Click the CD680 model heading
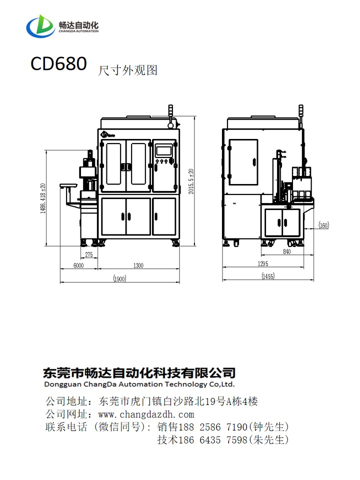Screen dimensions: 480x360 pos(58,64)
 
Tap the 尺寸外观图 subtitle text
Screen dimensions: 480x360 pos(128,70)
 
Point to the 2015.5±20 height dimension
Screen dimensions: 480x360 pos(190,181)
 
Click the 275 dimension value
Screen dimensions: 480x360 pos(88,254)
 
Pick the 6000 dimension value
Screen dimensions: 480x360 pos(78,266)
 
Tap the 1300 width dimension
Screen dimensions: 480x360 pos(137,266)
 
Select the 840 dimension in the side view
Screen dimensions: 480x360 pos(286,252)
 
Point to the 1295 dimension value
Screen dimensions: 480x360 pos(263,263)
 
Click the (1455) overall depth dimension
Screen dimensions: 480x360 pos(268,276)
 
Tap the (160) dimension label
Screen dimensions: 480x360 pos(323,225)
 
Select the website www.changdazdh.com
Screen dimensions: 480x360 pos(146,414)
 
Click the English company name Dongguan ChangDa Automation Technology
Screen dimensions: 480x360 pos(139,384)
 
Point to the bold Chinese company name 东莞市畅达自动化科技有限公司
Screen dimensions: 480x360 pos(139,372)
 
